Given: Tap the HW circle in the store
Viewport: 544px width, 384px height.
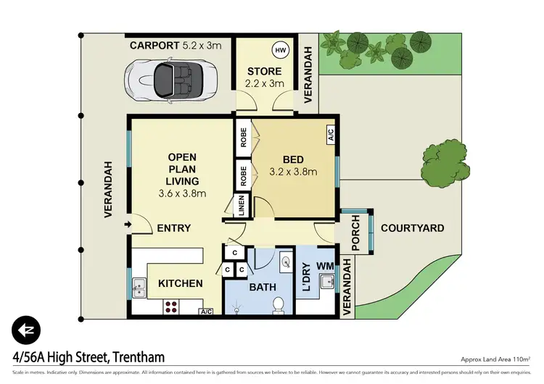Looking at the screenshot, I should [280, 51].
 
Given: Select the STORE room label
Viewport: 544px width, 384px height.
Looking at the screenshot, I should [263, 77].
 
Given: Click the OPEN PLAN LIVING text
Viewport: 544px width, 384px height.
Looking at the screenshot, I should [182, 175].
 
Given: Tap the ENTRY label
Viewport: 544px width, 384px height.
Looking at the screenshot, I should [174, 228].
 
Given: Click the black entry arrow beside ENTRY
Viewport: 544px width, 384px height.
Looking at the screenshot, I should [129, 225].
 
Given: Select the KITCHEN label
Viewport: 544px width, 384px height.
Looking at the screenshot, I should [181, 283].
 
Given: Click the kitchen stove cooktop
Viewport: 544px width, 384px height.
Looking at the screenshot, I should [171, 306].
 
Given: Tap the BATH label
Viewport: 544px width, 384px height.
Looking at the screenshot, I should [263, 287].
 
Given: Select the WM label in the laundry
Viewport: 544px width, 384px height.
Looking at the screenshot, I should [326, 265].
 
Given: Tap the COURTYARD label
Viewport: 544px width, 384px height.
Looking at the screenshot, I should [413, 228].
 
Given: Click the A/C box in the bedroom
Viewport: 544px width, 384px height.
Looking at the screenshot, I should [330, 134].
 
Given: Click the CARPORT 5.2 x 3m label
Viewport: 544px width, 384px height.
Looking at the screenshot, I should [176, 45].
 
